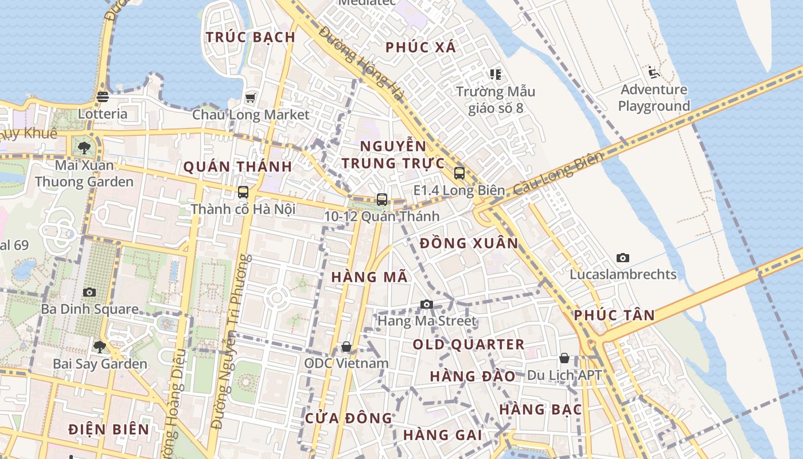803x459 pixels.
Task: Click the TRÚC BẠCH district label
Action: [250, 37]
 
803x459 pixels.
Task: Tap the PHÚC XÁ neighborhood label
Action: [420, 48]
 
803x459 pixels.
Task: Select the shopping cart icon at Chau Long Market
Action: [250, 98]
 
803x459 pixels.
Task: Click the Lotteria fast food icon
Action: [103, 96]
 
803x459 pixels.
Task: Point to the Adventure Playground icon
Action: [653, 72]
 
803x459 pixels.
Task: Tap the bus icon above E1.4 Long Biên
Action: [459, 173]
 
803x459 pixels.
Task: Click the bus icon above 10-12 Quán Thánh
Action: [381, 199]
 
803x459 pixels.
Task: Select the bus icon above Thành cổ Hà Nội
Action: [243, 192]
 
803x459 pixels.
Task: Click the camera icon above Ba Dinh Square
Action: [89, 292]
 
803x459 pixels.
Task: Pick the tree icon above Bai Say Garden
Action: [100, 347]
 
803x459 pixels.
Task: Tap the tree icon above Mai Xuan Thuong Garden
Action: [85, 147]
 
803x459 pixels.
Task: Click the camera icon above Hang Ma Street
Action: [426, 304]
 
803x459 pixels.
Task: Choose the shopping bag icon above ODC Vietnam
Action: [346, 347]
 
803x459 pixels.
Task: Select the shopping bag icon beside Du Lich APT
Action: [564, 358]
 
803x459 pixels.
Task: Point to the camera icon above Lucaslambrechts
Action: [622, 258]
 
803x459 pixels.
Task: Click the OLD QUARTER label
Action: [469, 345]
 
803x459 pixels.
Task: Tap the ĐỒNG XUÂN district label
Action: [469, 243]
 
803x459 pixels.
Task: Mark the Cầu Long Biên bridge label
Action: [558, 173]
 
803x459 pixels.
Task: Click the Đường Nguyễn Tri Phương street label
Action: [231, 342]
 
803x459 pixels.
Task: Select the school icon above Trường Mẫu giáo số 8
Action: [495, 74]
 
